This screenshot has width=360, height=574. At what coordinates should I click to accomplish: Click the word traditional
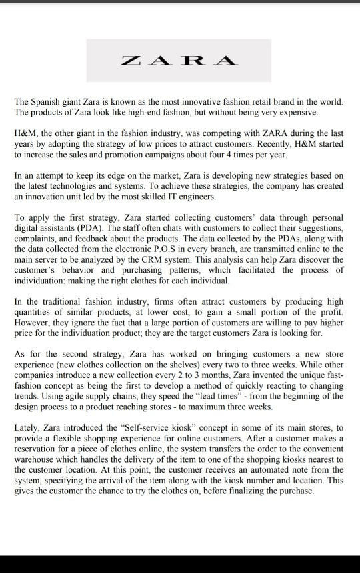click(59, 302)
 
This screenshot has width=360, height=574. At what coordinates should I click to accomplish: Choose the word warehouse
click(37, 458)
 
